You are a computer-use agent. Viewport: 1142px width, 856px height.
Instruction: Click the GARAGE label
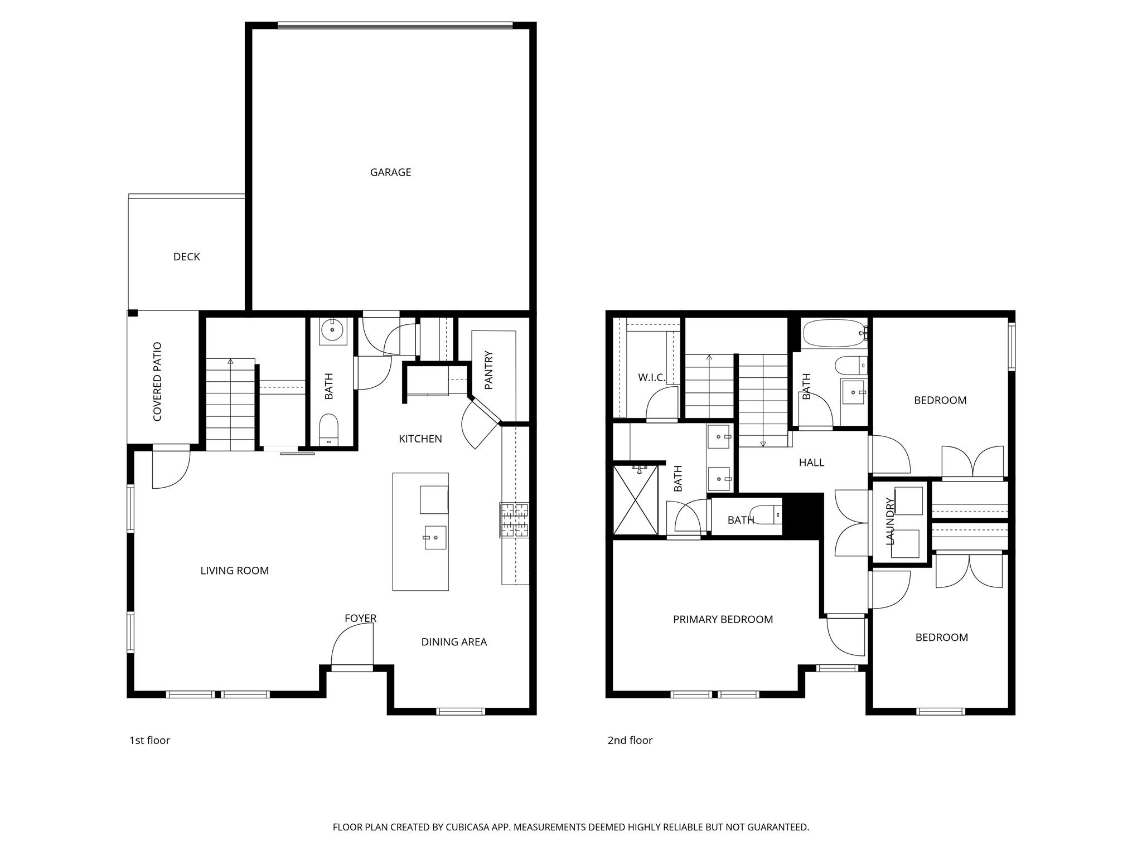(x=390, y=173)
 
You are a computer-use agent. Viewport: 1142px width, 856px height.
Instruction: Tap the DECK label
(x=186, y=257)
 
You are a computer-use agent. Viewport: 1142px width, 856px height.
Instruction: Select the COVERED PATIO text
(x=157, y=382)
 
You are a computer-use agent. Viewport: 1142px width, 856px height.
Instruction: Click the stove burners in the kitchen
(x=514, y=520)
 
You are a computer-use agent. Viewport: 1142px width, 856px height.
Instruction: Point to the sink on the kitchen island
(x=435, y=537)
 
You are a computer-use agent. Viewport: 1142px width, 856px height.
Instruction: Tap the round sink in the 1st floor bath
(x=333, y=330)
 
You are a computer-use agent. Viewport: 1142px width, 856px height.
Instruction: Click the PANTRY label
(x=489, y=370)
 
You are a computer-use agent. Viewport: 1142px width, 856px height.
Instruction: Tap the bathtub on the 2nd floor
(x=834, y=333)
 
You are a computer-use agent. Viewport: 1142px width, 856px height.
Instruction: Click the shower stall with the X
(x=635, y=500)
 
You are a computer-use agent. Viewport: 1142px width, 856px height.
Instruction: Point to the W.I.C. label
(x=651, y=378)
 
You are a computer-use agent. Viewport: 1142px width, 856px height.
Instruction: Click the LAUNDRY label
(x=891, y=521)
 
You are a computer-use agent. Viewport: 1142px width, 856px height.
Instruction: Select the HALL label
(x=811, y=463)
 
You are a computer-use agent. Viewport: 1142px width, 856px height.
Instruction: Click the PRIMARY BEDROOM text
(x=723, y=620)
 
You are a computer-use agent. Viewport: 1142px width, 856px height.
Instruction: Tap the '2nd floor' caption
(x=630, y=741)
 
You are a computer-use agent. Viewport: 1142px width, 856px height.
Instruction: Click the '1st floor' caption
(x=149, y=741)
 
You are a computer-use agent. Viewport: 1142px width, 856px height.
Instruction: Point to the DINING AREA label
(x=454, y=642)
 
